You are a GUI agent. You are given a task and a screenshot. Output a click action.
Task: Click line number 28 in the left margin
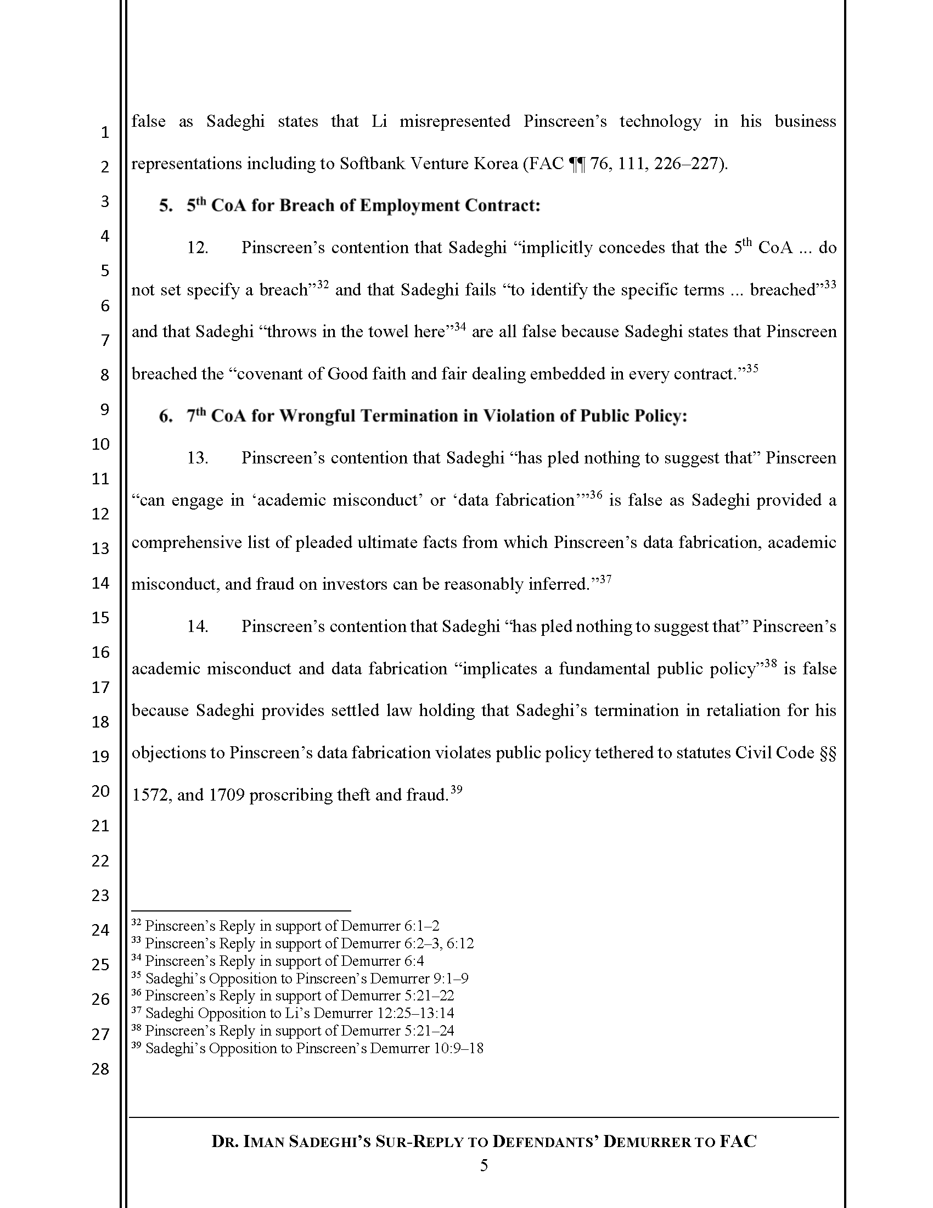[x=100, y=1069]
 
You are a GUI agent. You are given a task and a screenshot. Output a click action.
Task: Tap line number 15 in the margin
[x=100, y=617]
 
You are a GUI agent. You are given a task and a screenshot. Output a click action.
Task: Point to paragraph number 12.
[x=198, y=248]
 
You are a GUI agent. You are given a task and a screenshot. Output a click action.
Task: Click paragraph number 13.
[x=198, y=458]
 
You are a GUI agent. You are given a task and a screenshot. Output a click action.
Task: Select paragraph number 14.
[x=198, y=627]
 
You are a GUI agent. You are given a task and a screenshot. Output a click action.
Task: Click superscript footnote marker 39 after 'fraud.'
[x=456, y=789]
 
